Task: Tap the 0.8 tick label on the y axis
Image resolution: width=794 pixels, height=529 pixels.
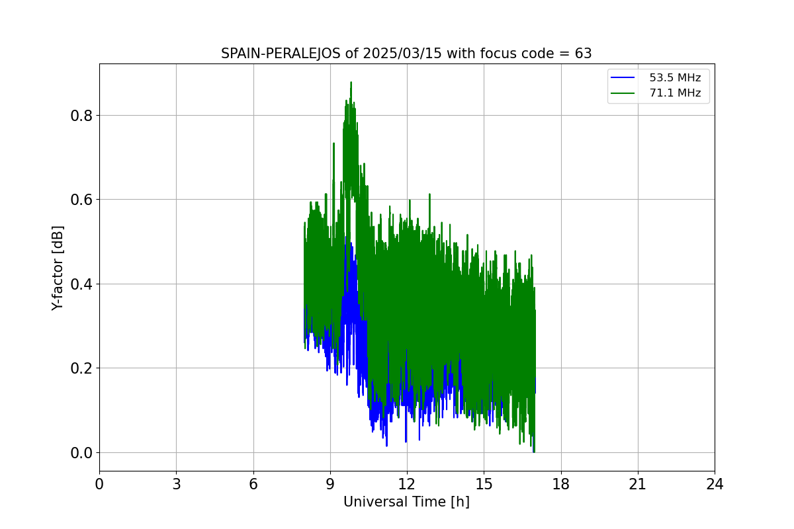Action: [x=81, y=116]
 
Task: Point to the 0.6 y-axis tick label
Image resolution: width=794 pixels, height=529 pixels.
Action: [x=81, y=200]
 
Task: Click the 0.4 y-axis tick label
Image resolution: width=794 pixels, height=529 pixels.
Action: [x=81, y=284]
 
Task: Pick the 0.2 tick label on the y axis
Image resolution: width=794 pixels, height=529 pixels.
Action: [x=81, y=368]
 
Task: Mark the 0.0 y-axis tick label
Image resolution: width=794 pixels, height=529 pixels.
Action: [x=81, y=453]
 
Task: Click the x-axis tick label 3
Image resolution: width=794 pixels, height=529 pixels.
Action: [x=176, y=485]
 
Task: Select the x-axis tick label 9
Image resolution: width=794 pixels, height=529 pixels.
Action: [x=330, y=485]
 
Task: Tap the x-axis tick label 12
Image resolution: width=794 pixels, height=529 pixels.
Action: [x=407, y=485]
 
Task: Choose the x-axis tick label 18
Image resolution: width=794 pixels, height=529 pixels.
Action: [x=561, y=485]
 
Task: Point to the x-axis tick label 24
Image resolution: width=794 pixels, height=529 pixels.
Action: [x=715, y=485]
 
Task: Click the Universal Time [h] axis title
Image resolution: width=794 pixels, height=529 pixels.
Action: [x=406, y=503]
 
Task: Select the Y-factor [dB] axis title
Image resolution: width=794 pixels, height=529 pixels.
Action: [x=58, y=268]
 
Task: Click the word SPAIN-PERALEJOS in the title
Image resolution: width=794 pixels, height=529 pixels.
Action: [x=281, y=54]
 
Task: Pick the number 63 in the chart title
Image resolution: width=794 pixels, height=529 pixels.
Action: [x=583, y=54]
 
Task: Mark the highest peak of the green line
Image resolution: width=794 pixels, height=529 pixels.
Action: [x=351, y=83]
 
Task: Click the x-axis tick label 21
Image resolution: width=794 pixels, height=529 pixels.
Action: [x=638, y=485]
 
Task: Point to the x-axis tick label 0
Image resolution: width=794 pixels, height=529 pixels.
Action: [x=99, y=485]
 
